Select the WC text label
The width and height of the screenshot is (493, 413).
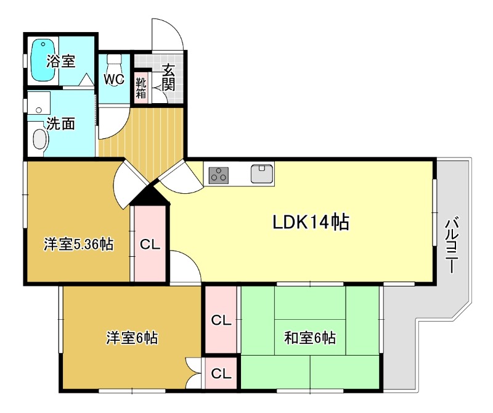[114, 80]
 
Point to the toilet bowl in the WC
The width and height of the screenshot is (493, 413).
[115, 63]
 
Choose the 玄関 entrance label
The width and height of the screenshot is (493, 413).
[169, 77]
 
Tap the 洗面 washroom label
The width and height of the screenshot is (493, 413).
[61, 123]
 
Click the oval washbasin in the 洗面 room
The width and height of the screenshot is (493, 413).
[40, 140]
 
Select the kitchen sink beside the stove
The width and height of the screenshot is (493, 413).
[262, 173]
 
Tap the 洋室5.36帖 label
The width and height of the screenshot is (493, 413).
[78, 244]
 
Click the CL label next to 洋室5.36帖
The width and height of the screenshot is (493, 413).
[150, 244]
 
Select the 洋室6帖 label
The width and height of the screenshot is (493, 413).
[132, 338]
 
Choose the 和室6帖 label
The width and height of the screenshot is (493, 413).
[309, 338]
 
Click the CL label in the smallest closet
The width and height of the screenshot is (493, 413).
[221, 373]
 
